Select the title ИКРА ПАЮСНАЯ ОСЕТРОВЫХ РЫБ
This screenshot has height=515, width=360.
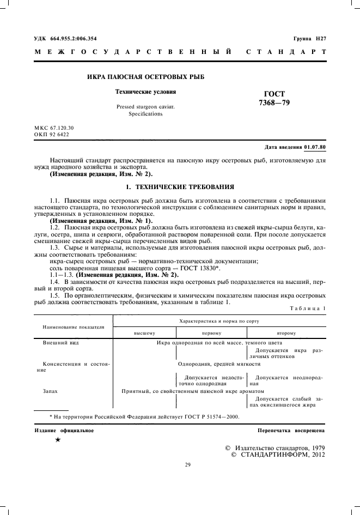[145, 77]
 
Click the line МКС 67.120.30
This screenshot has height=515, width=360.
[54, 128]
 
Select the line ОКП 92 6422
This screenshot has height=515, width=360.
[52, 134]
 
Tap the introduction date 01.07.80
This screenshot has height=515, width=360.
[315, 148]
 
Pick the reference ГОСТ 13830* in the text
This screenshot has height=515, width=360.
[201, 268]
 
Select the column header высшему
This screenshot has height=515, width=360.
[145, 332]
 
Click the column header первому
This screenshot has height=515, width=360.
[211, 332]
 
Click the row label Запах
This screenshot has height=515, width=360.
[51, 391]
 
